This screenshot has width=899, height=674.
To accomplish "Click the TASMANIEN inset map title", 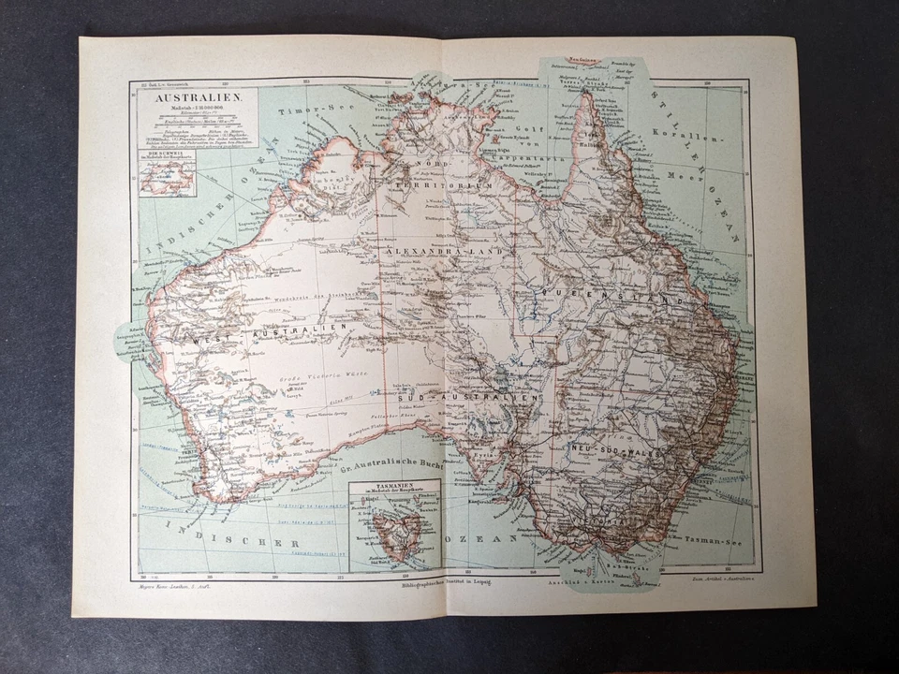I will click(394, 488).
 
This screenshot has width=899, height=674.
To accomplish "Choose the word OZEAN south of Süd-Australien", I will click(479, 540).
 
